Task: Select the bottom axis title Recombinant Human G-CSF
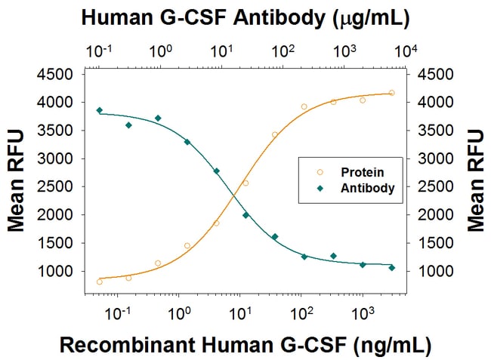[x=246, y=345]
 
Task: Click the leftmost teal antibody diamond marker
[x=99, y=110]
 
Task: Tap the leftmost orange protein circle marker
[x=100, y=282]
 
